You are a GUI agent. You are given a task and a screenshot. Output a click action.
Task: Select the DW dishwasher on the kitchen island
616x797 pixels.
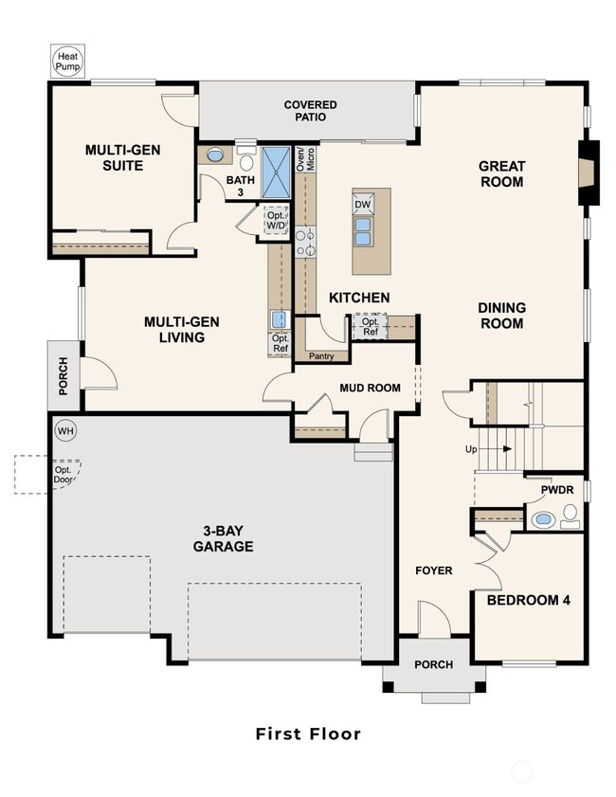point(362,204)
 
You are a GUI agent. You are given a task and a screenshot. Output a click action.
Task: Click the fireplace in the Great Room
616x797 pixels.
point(589,173)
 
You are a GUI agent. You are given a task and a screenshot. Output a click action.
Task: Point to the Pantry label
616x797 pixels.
point(320,356)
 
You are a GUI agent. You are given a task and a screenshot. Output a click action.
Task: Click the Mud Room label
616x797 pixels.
point(370,388)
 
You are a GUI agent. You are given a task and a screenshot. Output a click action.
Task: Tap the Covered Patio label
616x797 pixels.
point(310,111)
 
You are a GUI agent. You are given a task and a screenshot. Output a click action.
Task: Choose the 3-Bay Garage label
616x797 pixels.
point(223,539)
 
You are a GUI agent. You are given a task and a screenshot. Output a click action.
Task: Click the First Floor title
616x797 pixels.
point(308,733)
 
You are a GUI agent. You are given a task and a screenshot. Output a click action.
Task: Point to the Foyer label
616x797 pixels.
point(433,571)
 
